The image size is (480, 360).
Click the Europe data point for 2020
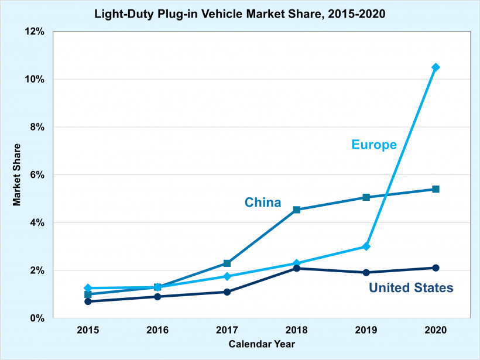(x=436, y=67)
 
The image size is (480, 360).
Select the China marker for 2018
(x=297, y=210)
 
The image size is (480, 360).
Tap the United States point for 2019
(x=366, y=272)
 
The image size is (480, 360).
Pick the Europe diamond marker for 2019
(x=366, y=246)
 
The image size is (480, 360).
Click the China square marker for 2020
(x=436, y=189)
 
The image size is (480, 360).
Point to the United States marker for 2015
(x=88, y=301)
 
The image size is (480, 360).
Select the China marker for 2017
(x=227, y=263)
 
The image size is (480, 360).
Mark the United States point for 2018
(x=297, y=268)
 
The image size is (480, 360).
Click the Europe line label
(x=374, y=145)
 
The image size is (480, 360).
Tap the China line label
(x=263, y=203)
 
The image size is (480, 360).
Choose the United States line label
(x=411, y=288)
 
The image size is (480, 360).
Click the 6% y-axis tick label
(x=37, y=175)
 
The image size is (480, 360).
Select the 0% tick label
(x=37, y=318)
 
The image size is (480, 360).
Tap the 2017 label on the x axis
(x=227, y=330)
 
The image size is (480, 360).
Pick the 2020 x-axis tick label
(x=436, y=330)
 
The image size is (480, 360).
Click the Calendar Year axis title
(x=262, y=344)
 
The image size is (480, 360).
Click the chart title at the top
(x=240, y=13)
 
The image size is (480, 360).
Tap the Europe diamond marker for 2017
(x=227, y=276)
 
